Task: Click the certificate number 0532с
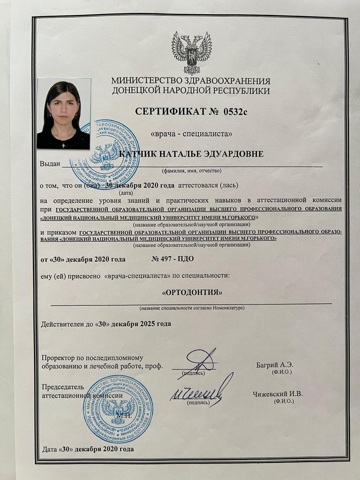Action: [x=236, y=111]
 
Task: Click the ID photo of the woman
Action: [x=63, y=114]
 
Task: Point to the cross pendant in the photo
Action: [x=63, y=145]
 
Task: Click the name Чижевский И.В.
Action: [x=278, y=394]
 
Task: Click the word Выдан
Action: [x=50, y=164]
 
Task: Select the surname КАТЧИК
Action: [x=137, y=154]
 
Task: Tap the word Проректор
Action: [x=60, y=358]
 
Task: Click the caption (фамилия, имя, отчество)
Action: [x=192, y=171]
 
